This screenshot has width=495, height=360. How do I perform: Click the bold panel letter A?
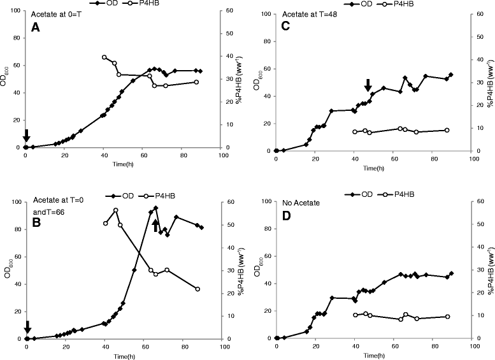[x=36, y=28]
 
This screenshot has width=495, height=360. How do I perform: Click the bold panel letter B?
[x=36, y=222]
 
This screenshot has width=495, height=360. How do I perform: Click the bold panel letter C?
[x=285, y=26]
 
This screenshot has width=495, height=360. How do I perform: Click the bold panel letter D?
[x=286, y=216]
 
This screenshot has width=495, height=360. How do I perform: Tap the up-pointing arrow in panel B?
[x=155, y=226]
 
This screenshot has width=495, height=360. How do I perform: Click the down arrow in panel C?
[x=368, y=85]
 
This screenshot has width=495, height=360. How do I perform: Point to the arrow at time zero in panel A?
[x=27, y=136]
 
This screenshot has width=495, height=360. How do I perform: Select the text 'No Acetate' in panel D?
[x=301, y=203]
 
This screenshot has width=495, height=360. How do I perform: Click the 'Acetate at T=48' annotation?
[x=310, y=14]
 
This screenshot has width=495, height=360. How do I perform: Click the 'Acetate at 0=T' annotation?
[x=56, y=14]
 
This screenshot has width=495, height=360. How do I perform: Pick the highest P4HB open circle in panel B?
[x=115, y=210]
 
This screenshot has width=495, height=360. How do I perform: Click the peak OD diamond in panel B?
[x=155, y=208]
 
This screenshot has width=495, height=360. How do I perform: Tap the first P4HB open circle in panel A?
[x=104, y=57]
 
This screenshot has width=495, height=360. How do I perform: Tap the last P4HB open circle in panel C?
[x=447, y=130]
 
